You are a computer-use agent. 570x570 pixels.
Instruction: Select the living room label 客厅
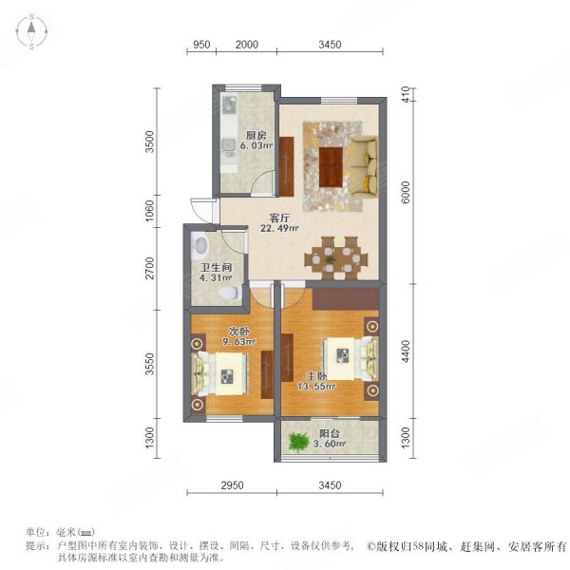coord(279,216)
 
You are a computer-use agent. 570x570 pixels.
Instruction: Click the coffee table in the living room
coord(330,166)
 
